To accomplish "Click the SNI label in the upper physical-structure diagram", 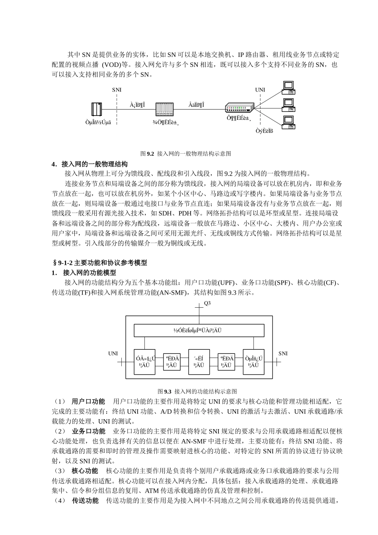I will tap(117, 90).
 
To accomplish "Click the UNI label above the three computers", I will tap(260, 90).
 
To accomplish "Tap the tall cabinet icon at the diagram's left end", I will tap(97, 109).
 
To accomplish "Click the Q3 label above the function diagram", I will tap(207, 303).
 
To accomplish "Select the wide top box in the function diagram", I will tap(199, 330).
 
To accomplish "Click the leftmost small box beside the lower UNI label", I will tap(144, 361).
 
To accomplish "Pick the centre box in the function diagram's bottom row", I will tap(199, 361).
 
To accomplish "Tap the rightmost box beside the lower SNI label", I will tap(253, 361).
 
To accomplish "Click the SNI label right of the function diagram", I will tap(283, 353).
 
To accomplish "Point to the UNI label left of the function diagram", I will tap(113, 353).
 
